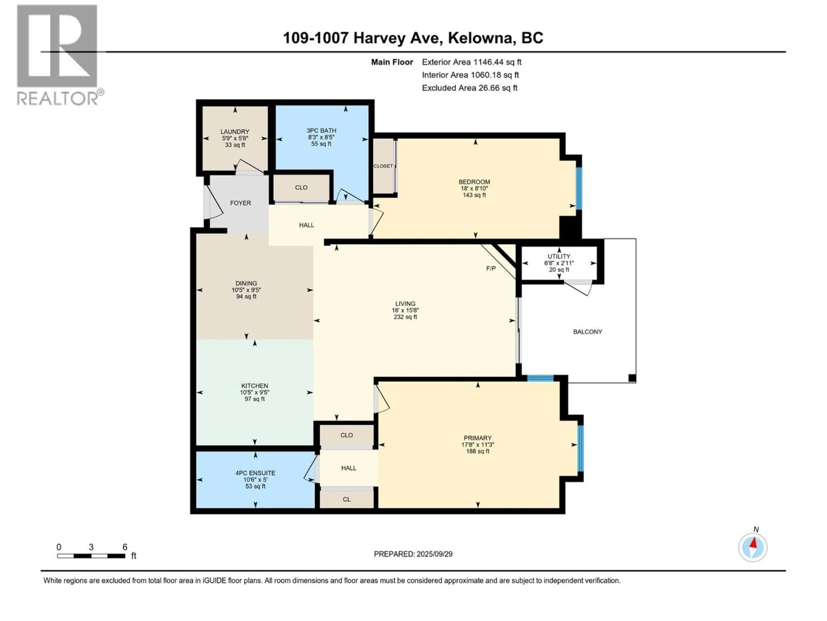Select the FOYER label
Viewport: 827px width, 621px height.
pos(240,203)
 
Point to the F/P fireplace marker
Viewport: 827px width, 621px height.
pos(491,268)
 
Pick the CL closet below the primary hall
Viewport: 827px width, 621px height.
pos(346,499)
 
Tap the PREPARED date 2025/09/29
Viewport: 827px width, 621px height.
pos(413,554)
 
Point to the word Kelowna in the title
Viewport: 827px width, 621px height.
pos(480,38)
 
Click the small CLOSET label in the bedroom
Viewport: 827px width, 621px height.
pos(383,166)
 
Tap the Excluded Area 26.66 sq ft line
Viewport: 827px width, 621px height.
pos(469,88)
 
